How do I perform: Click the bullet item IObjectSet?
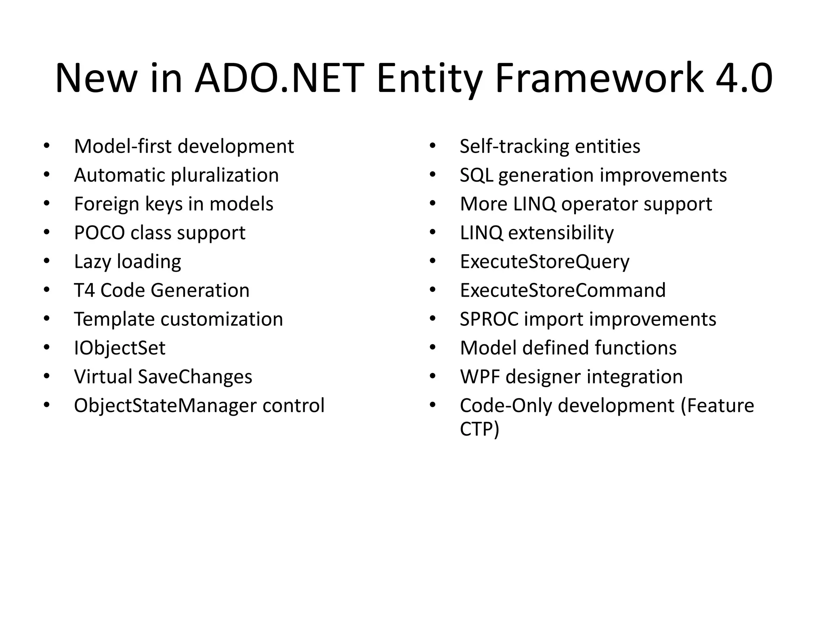pos(120,348)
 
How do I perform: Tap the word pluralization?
pos(225,176)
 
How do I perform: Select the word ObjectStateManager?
pos(165,406)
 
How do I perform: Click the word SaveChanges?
pos(195,377)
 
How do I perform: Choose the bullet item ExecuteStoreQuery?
pos(544,262)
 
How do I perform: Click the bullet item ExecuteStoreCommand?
pos(563,290)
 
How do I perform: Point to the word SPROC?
pos(489,319)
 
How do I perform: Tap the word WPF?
pos(479,377)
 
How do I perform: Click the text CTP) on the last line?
pos(479,429)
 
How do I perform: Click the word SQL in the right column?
pos(476,176)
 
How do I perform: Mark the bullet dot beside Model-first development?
pos(46,146)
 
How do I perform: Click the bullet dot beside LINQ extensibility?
pos(432,232)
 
